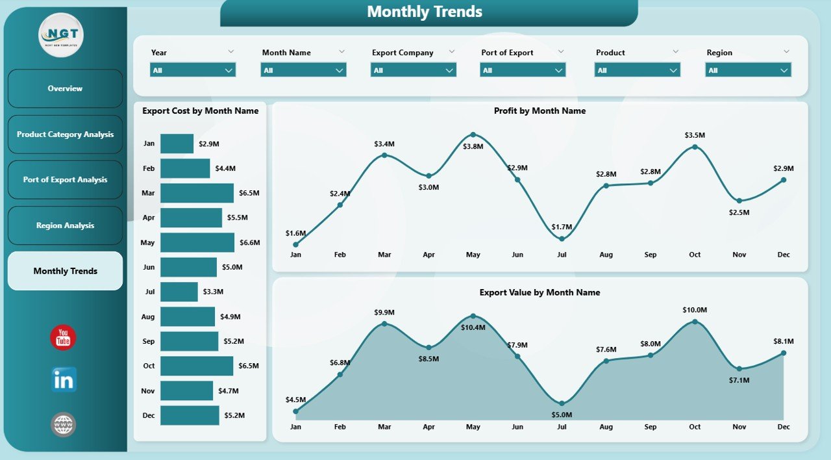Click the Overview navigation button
click(x=65, y=88)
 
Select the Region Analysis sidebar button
click(x=65, y=225)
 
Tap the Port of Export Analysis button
click(x=65, y=180)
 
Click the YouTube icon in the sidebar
click(x=63, y=338)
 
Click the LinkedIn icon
click(x=64, y=380)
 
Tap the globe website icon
click(x=64, y=425)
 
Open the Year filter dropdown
click(x=193, y=70)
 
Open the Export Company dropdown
click(x=414, y=70)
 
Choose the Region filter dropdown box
click(x=748, y=70)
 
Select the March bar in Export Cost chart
click(x=197, y=193)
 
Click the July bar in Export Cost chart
click(x=179, y=292)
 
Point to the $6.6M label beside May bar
click(x=250, y=242)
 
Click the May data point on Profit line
click(x=473, y=134)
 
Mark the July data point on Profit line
click(x=562, y=238)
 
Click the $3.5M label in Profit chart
click(x=695, y=135)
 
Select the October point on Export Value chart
click(x=695, y=321)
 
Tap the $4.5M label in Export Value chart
click(x=295, y=400)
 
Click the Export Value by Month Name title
click(x=540, y=292)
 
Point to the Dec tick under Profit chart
click(x=784, y=255)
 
